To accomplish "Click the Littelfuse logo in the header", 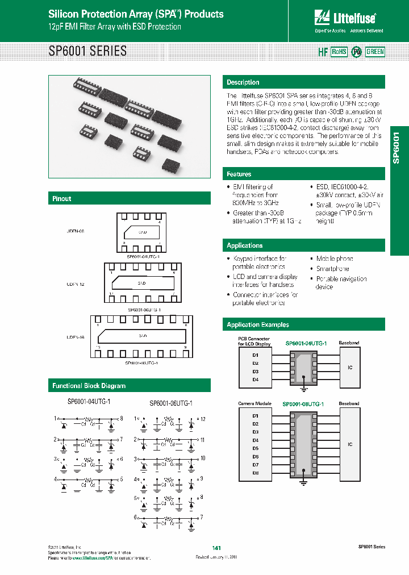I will tap(349, 19).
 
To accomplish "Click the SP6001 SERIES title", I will tap(87, 51).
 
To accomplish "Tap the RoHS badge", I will tap(339, 52).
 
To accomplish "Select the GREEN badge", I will tap(375, 52).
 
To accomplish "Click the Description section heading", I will tap(243, 82).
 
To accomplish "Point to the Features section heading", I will tap(239, 174).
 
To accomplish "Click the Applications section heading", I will tap(245, 245).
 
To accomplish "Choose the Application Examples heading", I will tap(258, 325).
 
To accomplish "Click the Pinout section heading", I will tap(62, 199).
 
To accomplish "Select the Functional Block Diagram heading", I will tap(89, 386).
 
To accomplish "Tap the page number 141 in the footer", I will tap(216, 548).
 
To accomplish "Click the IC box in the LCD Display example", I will tap(350, 368).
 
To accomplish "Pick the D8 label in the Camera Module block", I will tap(255, 472).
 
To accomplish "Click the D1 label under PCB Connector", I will tap(255, 355).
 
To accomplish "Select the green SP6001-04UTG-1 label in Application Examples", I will tap(304, 344).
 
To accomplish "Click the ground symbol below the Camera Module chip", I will tap(303, 482).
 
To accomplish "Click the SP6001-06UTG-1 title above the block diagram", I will tap(171, 403).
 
